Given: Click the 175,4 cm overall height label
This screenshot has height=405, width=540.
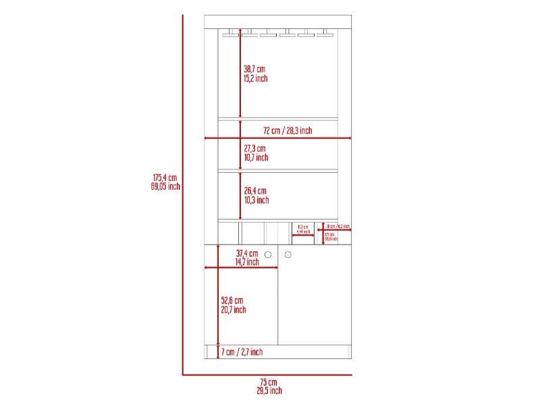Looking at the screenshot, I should [165, 178].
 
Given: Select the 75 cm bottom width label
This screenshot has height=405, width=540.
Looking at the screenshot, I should [268, 383].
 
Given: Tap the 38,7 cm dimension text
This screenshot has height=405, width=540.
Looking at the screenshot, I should [254, 69].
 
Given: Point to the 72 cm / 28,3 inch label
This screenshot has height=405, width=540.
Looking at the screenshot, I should [288, 130].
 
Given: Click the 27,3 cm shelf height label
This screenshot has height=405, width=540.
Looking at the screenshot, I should [254, 148].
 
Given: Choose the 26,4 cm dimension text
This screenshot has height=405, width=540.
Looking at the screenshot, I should [255, 191].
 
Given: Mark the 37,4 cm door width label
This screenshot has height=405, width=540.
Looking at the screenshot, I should [248, 253].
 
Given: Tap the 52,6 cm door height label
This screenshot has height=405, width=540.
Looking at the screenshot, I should [232, 300].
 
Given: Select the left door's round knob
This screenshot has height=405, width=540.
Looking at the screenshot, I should [268, 254].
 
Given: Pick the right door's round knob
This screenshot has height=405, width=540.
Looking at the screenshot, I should [288, 254].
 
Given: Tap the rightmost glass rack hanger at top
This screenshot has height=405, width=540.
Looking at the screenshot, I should [325, 31].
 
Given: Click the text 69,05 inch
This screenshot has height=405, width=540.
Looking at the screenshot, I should [165, 186].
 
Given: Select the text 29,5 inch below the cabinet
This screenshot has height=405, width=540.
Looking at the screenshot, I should [269, 391].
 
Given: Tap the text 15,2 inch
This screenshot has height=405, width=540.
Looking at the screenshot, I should [256, 78].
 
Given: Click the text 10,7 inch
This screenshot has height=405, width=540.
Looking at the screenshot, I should [256, 157].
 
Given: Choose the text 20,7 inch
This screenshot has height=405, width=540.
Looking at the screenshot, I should [234, 310].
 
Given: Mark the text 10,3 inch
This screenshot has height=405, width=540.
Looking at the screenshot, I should [256, 200].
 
